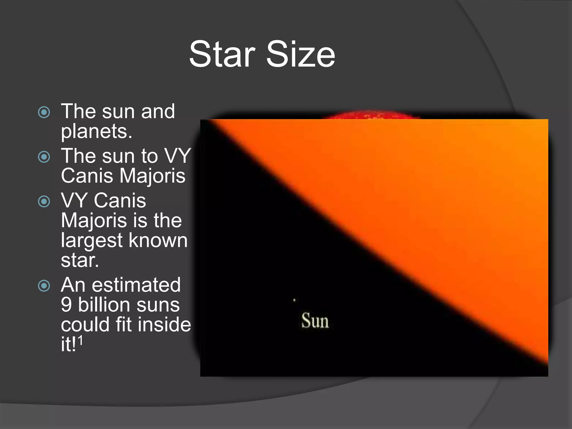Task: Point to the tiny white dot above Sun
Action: click(294, 300)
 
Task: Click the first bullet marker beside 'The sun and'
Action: click(44, 112)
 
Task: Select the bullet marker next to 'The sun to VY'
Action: click(44, 157)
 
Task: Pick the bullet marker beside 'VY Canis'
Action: click(44, 201)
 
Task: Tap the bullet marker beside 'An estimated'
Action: click(44, 285)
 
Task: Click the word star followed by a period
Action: click(80, 260)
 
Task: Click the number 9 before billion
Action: click(66, 305)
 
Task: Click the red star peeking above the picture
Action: click(369, 115)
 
